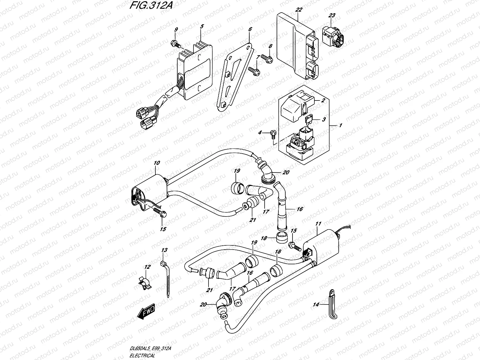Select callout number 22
tap(298, 10)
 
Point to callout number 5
tap(202, 26)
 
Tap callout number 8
tap(270, 46)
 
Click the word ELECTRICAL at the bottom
tap(143, 356)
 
